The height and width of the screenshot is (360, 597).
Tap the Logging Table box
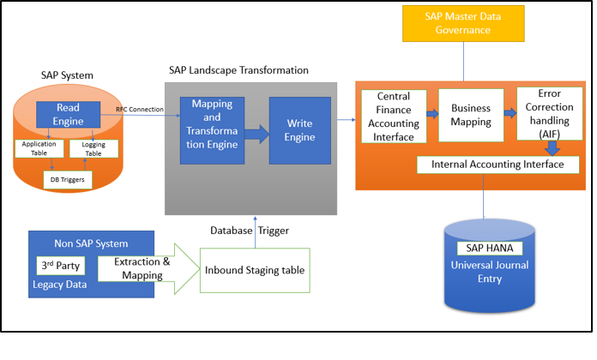tap(93, 149)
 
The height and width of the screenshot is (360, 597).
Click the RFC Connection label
tap(141, 109)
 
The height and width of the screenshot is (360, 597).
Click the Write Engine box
tap(299, 130)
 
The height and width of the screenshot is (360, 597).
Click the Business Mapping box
tap(470, 115)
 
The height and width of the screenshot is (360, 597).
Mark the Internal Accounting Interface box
tap(491, 164)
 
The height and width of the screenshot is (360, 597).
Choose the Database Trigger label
tap(249, 230)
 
